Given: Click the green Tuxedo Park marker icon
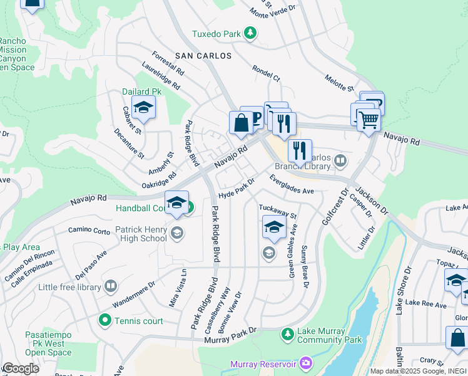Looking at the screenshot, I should (250, 33).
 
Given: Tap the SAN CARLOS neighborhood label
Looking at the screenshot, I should (203, 56).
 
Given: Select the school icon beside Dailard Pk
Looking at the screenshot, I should (143, 108).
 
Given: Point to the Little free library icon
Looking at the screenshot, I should (110, 287).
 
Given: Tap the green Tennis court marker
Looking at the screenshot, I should (104, 321).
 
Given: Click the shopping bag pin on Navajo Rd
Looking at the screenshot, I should (241, 122).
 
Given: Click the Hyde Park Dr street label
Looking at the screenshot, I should (237, 189).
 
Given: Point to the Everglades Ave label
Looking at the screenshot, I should (292, 184).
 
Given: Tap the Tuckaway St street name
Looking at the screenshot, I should (277, 211).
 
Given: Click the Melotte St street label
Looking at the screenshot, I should (339, 82).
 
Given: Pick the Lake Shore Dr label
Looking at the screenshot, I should (404, 298).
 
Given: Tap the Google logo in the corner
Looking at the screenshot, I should (21, 368).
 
